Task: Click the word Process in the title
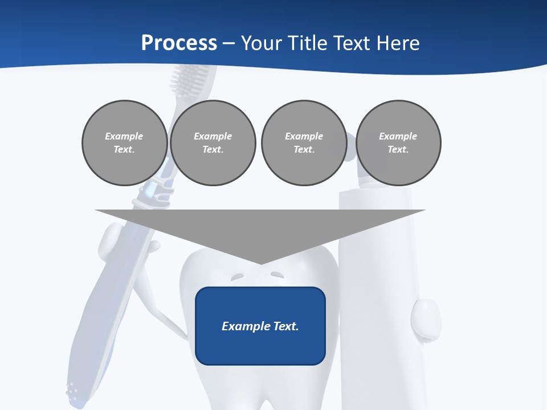[179, 43]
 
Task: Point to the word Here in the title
[398, 43]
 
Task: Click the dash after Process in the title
[229, 44]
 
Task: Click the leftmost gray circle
[124, 143]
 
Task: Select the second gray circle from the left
[213, 143]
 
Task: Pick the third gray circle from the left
[304, 143]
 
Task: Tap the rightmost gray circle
[398, 143]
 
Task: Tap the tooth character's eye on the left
[237, 277]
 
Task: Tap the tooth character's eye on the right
[277, 275]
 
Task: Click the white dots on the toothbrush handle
[72, 389]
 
